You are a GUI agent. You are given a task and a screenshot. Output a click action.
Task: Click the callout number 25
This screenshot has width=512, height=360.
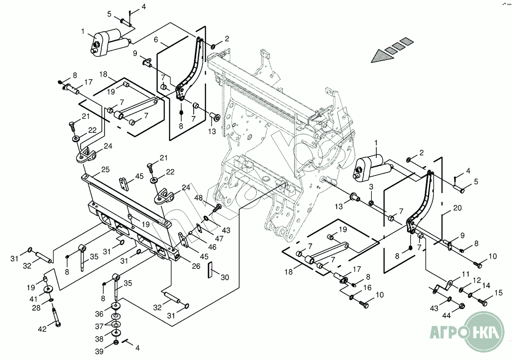[x=105, y=170]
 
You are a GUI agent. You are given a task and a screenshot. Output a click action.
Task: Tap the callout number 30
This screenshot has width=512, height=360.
[x=225, y=277]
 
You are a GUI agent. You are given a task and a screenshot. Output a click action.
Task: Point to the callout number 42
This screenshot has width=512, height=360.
[x=42, y=329]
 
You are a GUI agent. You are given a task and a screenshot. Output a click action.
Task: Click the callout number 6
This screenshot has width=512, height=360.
[x=156, y=40]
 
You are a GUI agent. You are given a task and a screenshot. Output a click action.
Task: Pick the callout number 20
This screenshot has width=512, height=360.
[x=457, y=208]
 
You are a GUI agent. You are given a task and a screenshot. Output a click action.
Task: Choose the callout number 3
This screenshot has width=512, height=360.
[x=371, y=186]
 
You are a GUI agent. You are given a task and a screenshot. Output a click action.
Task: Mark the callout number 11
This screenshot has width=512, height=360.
[x=466, y=274]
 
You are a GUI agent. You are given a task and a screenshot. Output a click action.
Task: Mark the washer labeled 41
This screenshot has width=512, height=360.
[x=48, y=289]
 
